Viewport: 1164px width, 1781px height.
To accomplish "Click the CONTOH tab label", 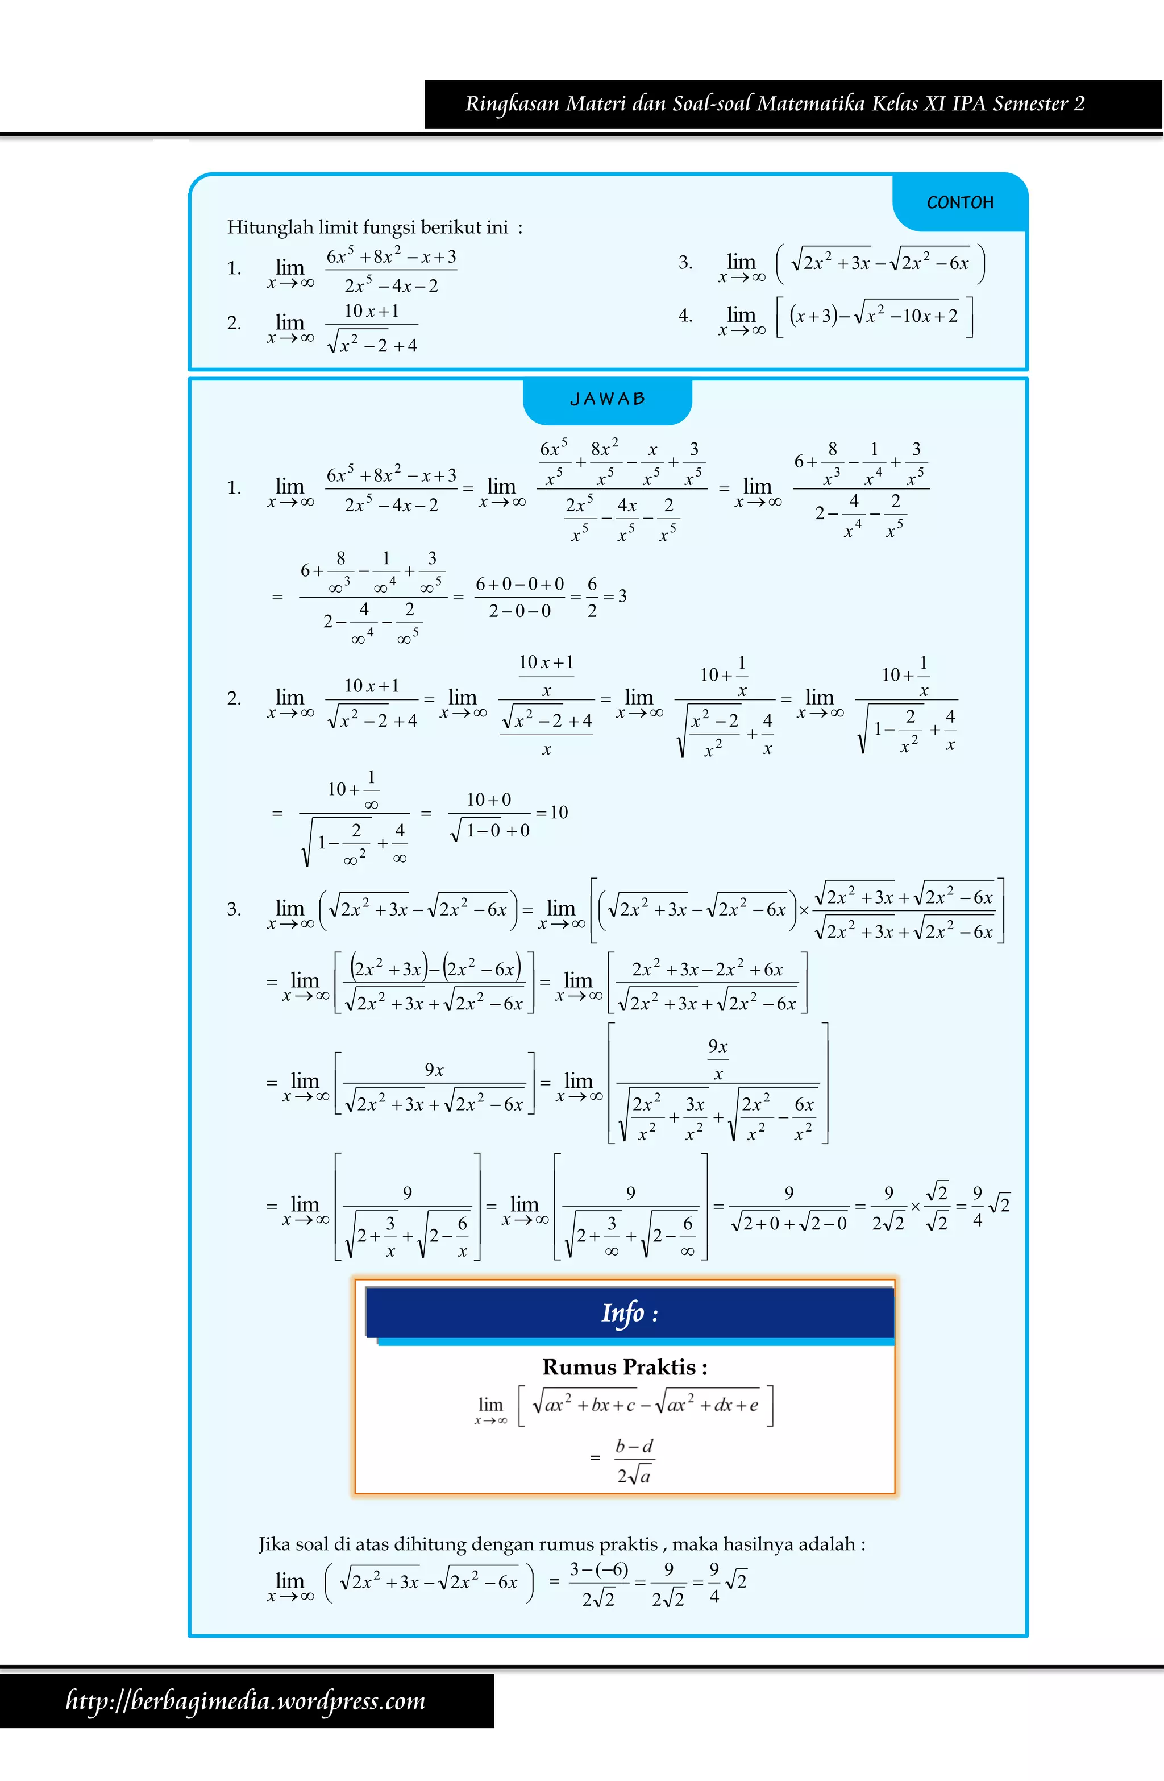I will pyautogui.click(x=960, y=203).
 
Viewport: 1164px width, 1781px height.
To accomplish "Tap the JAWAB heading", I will pyautogui.click(x=608, y=399).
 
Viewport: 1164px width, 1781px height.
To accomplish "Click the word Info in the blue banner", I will pyautogui.click(x=622, y=1312).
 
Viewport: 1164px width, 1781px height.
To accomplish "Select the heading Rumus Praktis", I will pyautogui.click(x=625, y=1367).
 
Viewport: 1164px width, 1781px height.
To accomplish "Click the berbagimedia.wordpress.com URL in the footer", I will pyautogui.click(x=246, y=1701).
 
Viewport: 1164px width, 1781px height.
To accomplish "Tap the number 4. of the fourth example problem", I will pyautogui.click(x=685, y=316).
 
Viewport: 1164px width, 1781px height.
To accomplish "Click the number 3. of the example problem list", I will pyautogui.click(x=685, y=263).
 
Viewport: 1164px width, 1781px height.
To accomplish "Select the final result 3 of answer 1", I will pyautogui.click(x=622, y=597).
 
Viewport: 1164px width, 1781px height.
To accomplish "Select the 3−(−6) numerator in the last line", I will pyautogui.click(x=598, y=1569).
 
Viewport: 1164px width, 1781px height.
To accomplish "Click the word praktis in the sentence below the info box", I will pyautogui.click(x=629, y=1544).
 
